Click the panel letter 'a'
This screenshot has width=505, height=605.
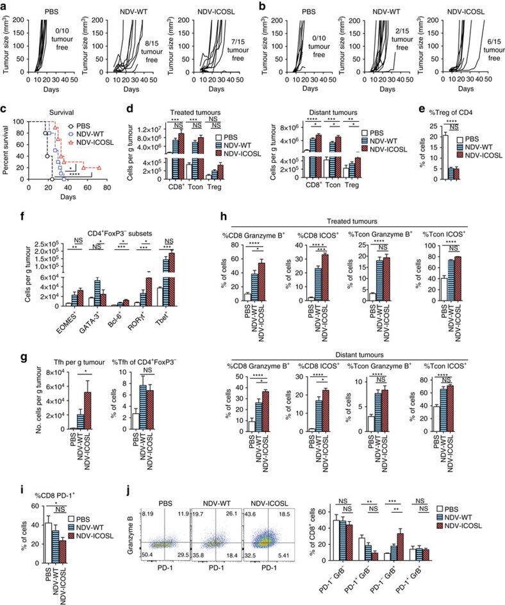(x=4, y=6)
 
